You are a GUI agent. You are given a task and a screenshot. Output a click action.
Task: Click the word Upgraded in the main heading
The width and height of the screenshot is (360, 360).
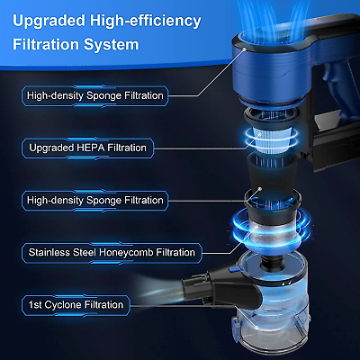click(x=49, y=22)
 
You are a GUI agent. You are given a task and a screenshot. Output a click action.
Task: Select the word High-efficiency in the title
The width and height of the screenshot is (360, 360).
click(x=146, y=22)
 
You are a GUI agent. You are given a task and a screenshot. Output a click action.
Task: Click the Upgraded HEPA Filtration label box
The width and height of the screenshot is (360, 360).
click(x=87, y=148)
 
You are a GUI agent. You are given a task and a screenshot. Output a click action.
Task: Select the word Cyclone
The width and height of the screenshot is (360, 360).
click(x=63, y=305)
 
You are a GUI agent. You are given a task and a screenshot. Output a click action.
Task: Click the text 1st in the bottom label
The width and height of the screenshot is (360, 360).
click(x=35, y=305)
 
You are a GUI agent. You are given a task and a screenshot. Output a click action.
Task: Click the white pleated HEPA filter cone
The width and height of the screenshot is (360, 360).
click(x=272, y=140)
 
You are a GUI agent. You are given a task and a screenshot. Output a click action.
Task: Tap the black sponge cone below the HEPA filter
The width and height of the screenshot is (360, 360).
click(x=272, y=174)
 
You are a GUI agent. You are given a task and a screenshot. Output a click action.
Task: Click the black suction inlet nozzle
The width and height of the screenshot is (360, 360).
click(x=222, y=288)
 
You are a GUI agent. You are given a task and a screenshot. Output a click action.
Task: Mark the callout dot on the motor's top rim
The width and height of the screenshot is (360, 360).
click(x=245, y=49)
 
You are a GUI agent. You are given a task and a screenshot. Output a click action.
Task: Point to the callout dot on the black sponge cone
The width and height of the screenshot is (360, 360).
click(x=260, y=189)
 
